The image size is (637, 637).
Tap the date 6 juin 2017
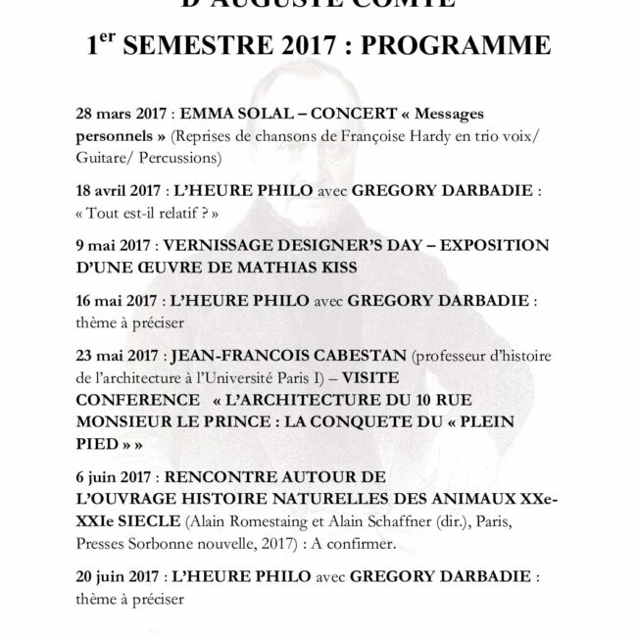tap(116, 479)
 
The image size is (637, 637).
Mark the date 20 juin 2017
tap(117, 575)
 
